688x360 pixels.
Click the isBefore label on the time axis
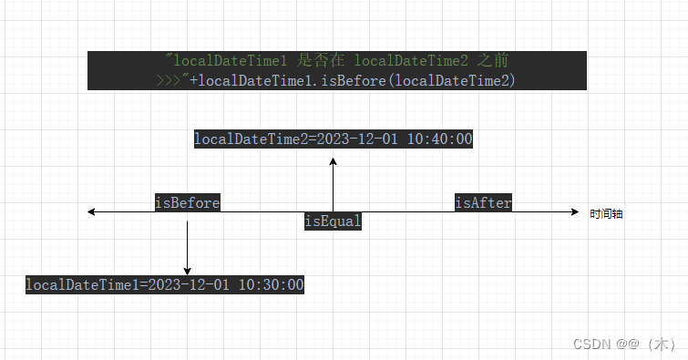[187, 202]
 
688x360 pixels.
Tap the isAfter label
[483, 202]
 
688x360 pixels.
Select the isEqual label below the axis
[333, 221]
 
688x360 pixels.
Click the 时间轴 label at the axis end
[606, 213]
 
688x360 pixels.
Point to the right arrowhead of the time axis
[574, 212]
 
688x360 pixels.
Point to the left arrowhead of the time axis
[92, 212]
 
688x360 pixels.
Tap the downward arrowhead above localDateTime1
[187, 270]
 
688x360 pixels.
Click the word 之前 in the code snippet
[493, 61]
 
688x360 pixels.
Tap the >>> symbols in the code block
[169, 80]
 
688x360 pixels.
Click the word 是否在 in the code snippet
[323, 61]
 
